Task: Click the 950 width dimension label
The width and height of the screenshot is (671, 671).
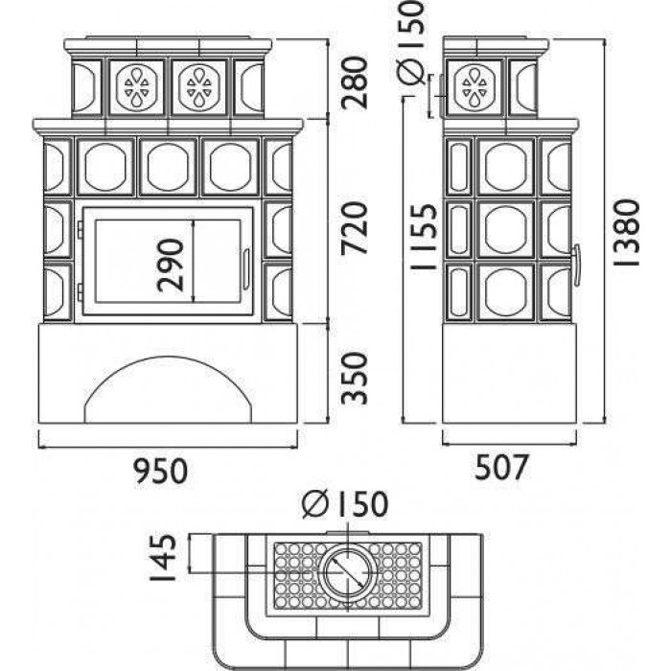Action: pyautogui.click(x=160, y=471)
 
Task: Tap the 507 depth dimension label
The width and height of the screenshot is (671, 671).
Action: pyautogui.click(x=500, y=467)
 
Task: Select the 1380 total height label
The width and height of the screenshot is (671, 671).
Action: pyautogui.click(x=627, y=232)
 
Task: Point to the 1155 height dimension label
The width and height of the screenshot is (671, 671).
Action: pyautogui.click(x=424, y=236)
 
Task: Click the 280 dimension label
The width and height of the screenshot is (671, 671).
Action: pyautogui.click(x=355, y=82)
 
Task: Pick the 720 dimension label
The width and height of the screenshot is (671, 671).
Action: pyautogui.click(x=355, y=228)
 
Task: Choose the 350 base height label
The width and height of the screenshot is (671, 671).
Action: pyautogui.click(x=355, y=379)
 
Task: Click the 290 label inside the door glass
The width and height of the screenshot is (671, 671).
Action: pyautogui.click(x=170, y=266)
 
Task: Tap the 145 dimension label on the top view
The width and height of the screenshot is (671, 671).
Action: pyautogui.click(x=163, y=557)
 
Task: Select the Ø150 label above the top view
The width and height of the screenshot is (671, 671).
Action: pyautogui.click(x=345, y=503)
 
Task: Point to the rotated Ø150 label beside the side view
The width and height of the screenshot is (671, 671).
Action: pyautogui.click(x=410, y=42)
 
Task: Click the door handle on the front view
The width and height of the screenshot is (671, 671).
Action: pyautogui.click(x=246, y=270)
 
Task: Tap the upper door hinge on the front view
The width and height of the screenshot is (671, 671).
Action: pyautogui.click(x=80, y=228)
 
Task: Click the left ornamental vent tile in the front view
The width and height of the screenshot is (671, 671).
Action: pyautogui.click(x=136, y=87)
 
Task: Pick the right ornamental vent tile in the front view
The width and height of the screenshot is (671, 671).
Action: pyautogui.click(x=199, y=87)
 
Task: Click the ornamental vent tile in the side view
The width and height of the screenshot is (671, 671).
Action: pyautogui.click(x=474, y=87)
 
